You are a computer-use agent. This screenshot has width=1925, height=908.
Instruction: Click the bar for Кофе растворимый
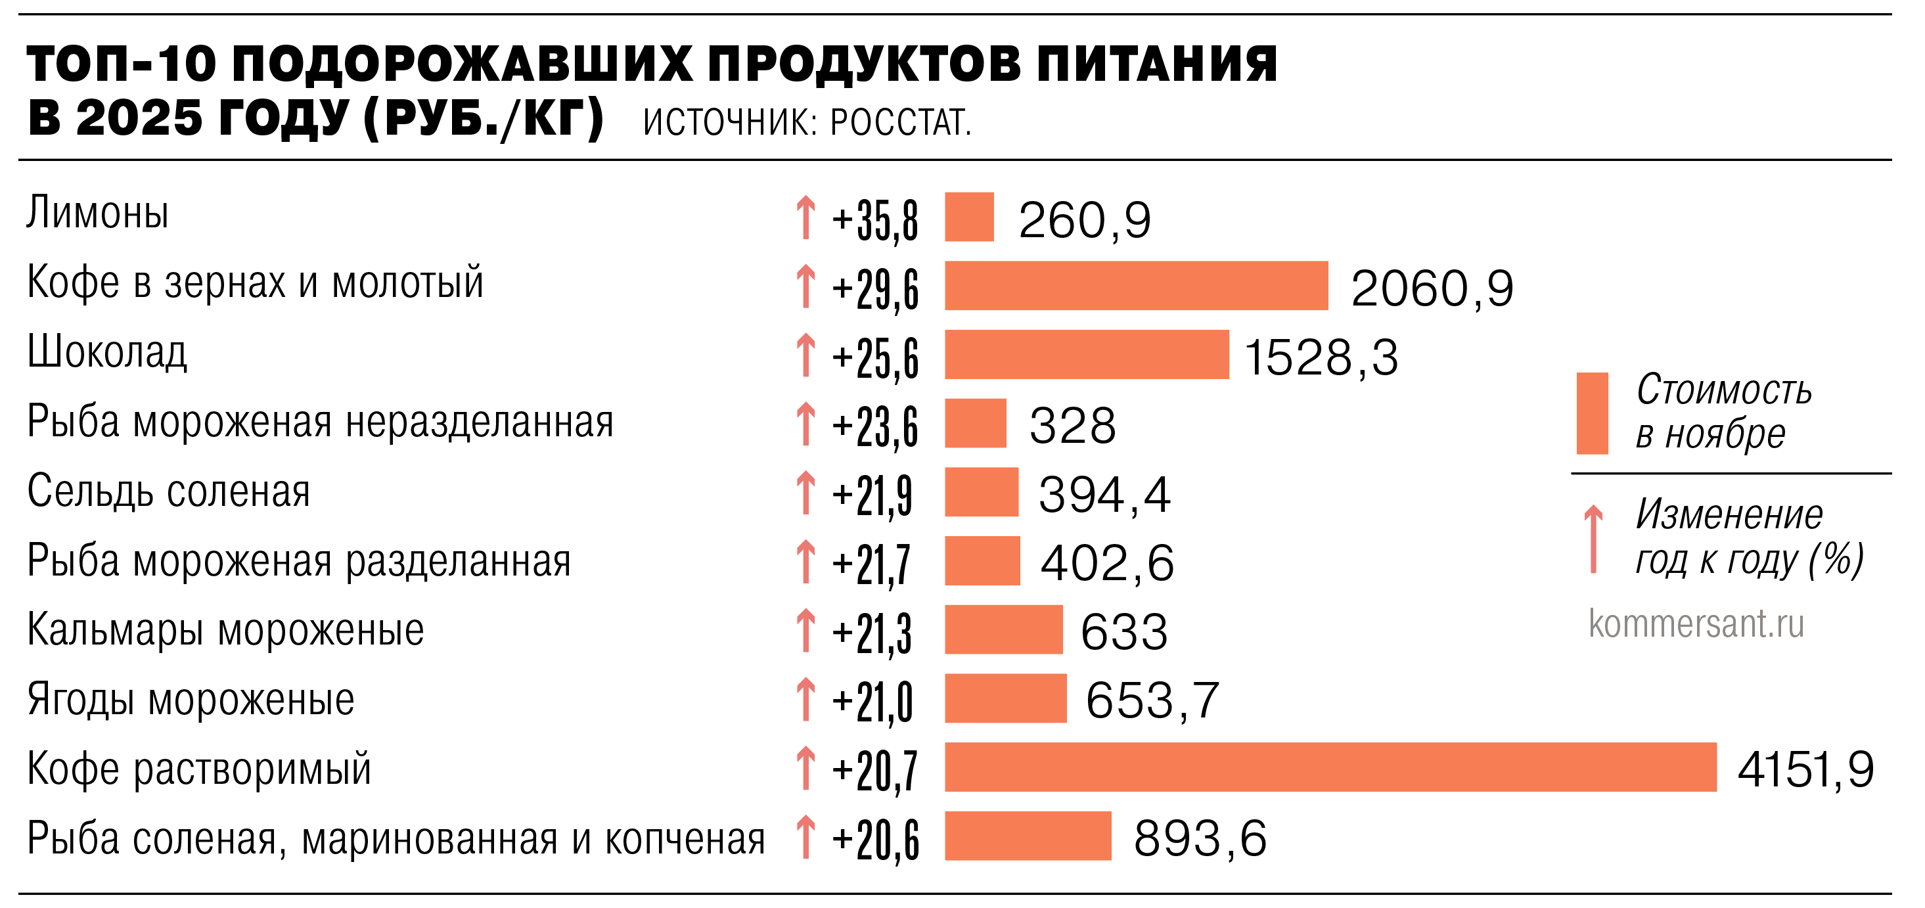click(1330, 767)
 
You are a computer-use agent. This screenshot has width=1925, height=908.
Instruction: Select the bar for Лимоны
click(969, 217)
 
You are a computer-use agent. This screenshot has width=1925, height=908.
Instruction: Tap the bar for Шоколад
click(1087, 354)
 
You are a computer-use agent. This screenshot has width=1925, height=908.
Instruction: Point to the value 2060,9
click(1432, 288)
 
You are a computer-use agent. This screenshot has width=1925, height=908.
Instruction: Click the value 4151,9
click(1805, 769)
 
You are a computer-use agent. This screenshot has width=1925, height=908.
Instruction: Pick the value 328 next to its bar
click(1072, 425)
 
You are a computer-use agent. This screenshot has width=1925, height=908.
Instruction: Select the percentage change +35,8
click(875, 219)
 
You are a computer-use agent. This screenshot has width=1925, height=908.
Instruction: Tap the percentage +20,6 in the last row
click(875, 839)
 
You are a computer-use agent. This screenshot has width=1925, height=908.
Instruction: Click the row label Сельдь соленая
click(168, 491)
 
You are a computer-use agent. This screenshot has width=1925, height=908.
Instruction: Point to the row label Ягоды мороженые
click(191, 700)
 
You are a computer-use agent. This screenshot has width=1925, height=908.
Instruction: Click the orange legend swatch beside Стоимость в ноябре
click(1592, 413)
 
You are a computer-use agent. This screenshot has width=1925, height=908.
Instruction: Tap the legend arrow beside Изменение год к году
click(1593, 539)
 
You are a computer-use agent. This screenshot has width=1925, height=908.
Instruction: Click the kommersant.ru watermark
click(1696, 624)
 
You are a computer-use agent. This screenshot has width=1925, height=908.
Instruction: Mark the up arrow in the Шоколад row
click(805, 355)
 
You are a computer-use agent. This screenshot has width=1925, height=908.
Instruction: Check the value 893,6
click(1200, 838)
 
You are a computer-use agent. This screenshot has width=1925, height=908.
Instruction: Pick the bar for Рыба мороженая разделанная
click(982, 560)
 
